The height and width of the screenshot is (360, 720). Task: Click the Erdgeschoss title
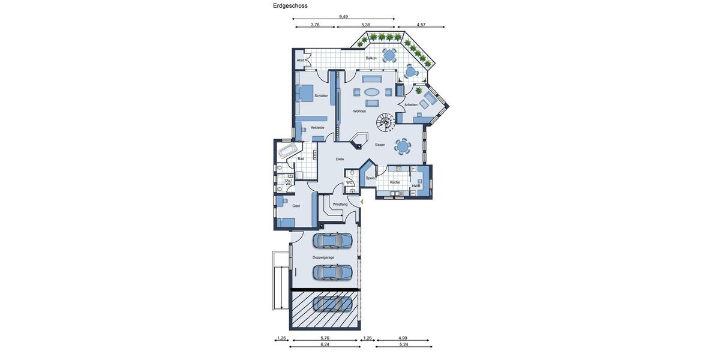pos(290,6)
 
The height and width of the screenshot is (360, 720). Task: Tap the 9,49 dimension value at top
pos(343,17)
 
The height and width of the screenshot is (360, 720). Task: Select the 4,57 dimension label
pos(421,25)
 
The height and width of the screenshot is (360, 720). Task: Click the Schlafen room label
pos(321,96)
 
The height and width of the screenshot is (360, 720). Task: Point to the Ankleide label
pos(317,128)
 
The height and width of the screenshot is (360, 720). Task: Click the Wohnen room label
pos(359,111)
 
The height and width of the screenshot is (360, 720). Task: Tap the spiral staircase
pos(385,122)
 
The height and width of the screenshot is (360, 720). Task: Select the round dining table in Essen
pos(403,146)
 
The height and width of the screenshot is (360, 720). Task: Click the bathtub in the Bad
pos(286,149)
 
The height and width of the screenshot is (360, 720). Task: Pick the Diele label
pos(340,159)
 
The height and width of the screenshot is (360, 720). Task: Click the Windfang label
pos(340,204)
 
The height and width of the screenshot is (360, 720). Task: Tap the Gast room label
pos(296,206)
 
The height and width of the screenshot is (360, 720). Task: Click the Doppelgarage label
pos(323,257)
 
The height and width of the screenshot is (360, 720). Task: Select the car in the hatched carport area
pos(332,304)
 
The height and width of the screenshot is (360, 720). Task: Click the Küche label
pos(395,182)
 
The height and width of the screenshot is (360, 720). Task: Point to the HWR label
pos(416,186)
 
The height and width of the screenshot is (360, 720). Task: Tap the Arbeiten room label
pos(411,105)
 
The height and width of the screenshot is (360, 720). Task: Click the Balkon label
pos(371,58)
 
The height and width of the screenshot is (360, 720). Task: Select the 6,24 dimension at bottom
pos(325,344)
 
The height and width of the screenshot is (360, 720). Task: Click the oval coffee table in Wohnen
pos(372,92)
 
